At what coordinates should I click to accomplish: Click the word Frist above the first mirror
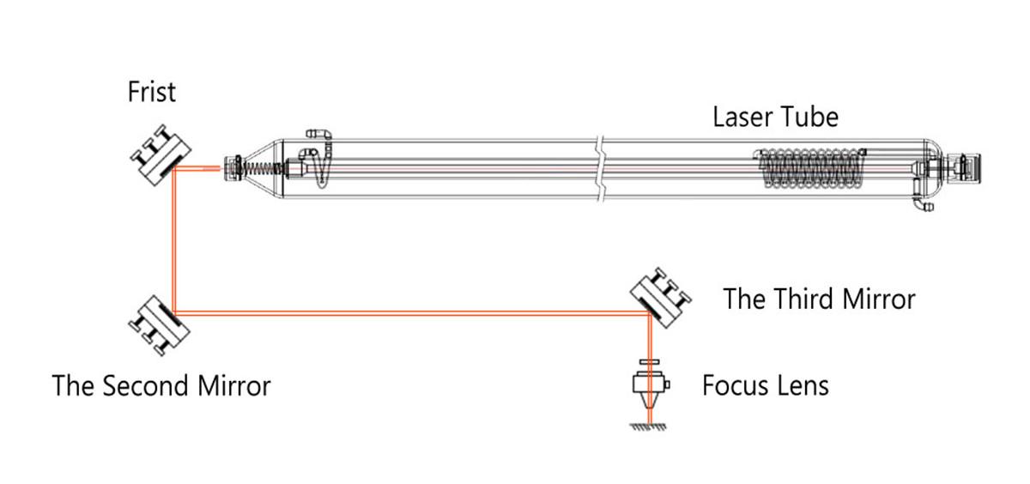152,92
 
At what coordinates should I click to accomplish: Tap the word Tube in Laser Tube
814,116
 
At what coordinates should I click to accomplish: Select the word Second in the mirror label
143,385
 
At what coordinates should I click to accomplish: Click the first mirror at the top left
159,156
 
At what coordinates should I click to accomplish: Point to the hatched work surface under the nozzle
651,427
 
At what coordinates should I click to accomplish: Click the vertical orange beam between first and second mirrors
174,240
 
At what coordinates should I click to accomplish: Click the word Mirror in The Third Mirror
882,299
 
